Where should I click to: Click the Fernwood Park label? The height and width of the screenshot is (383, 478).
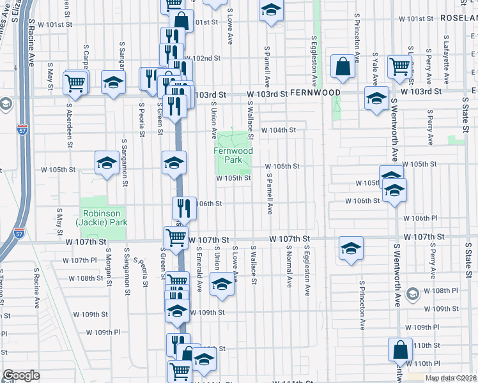(x=233, y=155)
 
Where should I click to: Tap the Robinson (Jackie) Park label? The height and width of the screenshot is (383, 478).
(x=103, y=218)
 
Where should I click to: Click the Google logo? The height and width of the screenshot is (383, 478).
(x=21, y=375)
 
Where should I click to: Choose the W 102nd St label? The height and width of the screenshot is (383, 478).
(x=205, y=58)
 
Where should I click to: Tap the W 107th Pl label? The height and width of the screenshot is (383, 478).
(x=78, y=260)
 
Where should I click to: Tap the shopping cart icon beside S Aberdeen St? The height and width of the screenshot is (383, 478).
(x=75, y=82)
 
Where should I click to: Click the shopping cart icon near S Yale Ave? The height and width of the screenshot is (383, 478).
(x=399, y=66)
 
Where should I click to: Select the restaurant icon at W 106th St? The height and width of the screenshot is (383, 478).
(x=184, y=207)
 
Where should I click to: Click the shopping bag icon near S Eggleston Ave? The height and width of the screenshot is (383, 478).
(x=343, y=66)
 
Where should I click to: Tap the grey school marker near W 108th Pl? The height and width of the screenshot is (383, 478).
(x=412, y=293)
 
